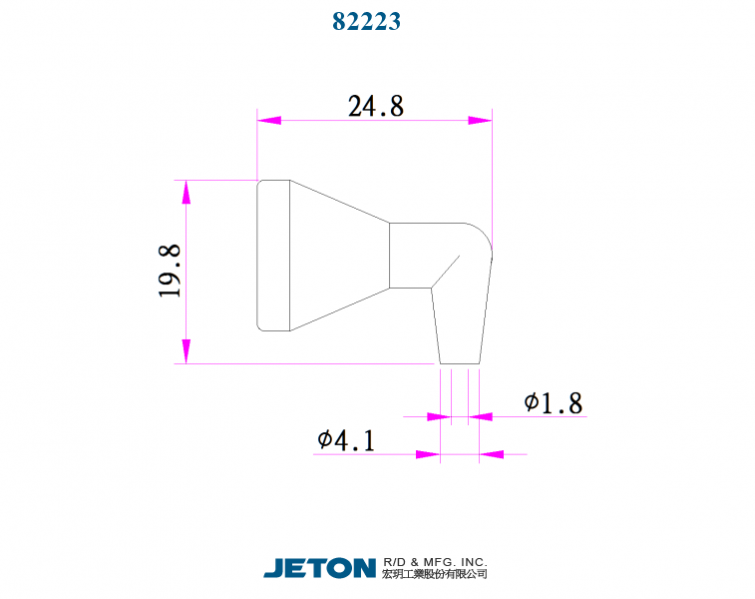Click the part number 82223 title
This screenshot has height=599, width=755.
366,21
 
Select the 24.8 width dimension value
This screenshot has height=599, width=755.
375,106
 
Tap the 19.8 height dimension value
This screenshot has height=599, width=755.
169,272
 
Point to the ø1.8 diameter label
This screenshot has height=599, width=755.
553,402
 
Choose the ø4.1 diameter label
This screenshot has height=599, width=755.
346,440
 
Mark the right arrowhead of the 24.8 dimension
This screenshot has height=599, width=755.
481,120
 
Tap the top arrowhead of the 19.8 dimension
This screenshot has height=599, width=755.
186,192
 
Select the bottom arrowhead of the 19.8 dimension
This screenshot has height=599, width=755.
186,352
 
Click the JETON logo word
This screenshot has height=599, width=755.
319,567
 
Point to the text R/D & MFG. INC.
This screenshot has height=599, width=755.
435,561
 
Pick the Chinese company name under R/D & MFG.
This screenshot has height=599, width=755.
435,574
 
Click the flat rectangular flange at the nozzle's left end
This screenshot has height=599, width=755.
273,255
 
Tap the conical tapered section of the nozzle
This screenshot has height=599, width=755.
339,255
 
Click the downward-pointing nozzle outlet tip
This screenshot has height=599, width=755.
460,329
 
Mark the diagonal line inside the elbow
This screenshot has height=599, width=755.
446,272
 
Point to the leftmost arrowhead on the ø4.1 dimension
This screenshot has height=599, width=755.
428,455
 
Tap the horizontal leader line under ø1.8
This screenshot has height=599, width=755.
539,415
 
